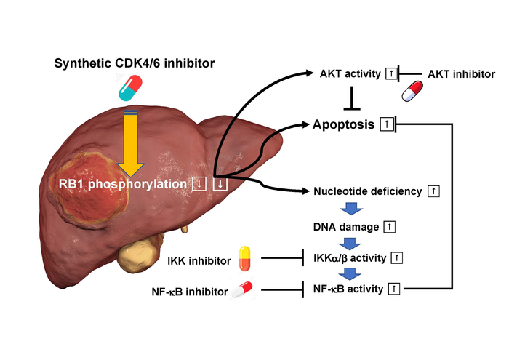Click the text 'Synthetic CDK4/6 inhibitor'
tap(135, 64)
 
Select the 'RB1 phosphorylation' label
tap(124, 185)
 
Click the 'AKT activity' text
tap(349, 74)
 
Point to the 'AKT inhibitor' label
tap(462, 74)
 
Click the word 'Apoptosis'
tap(343, 124)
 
